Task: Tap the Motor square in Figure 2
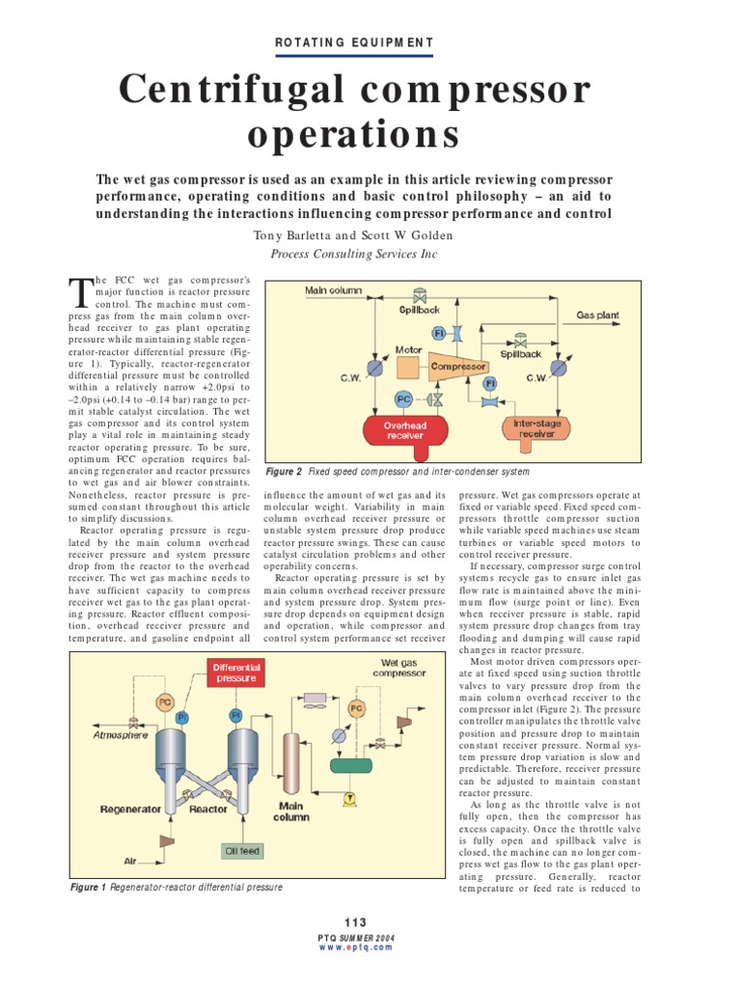[x=405, y=368]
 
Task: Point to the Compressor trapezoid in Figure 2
[x=457, y=367]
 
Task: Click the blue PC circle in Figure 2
[x=404, y=398]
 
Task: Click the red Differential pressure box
[x=235, y=672]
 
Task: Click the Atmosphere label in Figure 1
[x=121, y=734]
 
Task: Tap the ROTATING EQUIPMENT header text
[x=355, y=42]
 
